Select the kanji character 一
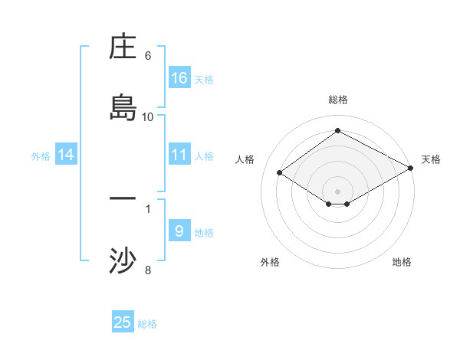123,199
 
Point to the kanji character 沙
123,260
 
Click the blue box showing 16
179,78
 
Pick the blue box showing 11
179,155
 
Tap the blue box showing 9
179,231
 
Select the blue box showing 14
66,155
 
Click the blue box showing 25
123,322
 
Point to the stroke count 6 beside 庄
148,56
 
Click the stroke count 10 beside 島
148,117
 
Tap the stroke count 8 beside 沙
148,270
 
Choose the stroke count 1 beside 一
148,208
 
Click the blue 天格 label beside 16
204,79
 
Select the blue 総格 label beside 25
147,324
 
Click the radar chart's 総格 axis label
338,100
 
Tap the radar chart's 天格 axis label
431,159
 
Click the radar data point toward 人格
280,173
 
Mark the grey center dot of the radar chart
338,191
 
